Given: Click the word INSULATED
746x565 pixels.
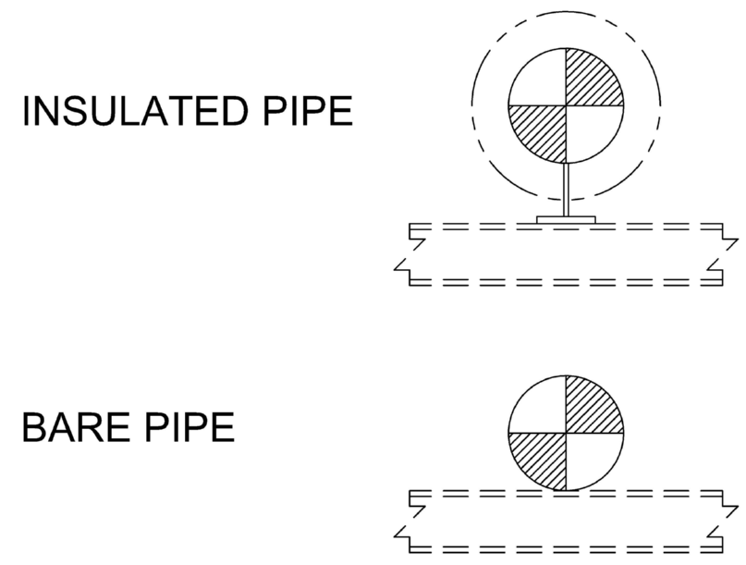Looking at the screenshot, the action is (x=135, y=111).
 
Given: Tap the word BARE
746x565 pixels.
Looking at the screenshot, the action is (x=76, y=427).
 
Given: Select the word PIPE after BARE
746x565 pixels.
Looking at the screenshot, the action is (x=190, y=427).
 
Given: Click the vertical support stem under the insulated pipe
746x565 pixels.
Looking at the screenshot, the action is (x=566, y=190).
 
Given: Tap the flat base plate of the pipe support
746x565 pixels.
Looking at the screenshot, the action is (x=566, y=220).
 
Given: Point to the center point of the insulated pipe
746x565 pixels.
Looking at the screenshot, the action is (x=566, y=105).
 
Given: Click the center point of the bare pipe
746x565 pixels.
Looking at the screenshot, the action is (x=566, y=433).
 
